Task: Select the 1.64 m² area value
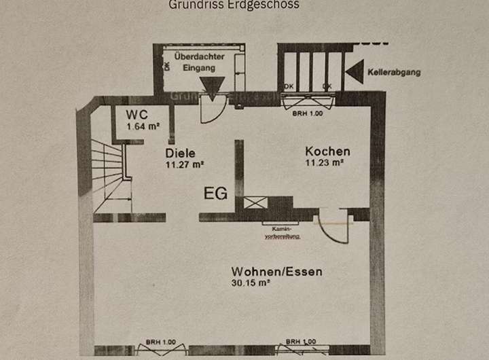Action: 143,126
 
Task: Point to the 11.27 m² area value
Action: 185,164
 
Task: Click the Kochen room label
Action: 327,151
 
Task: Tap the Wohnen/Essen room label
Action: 276,272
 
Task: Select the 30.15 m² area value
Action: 251,283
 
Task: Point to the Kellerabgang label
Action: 394,71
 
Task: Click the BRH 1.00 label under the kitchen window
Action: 308,114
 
